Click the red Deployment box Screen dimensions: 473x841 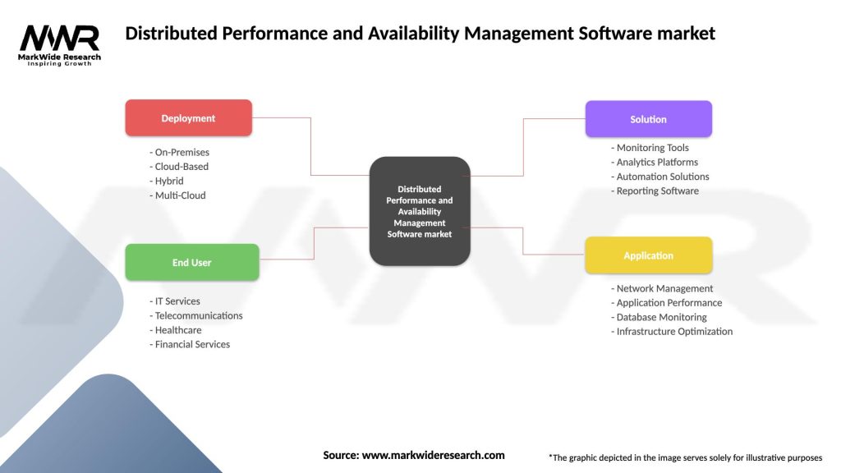(x=188, y=118)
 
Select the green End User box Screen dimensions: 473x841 (x=191, y=263)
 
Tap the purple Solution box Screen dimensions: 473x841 (x=648, y=119)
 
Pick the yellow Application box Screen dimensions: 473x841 (x=648, y=255)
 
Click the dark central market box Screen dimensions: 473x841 (x=420, y=211)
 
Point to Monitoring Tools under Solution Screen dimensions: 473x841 (x=650, y=148)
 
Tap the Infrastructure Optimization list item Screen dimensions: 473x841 (x=673, y=332)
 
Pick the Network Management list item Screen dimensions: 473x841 (x=663, y=288)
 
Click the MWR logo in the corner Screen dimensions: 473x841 (x=60, y=44)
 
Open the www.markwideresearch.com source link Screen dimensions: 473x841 (x=433, y=455)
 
